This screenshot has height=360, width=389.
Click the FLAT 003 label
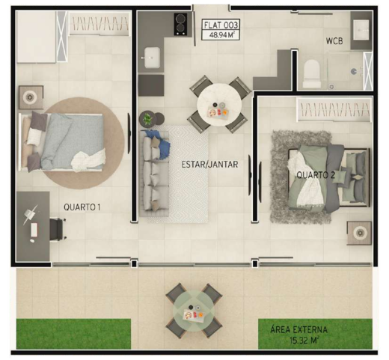(x=221, y=25)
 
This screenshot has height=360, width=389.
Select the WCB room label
(x=334, y=41)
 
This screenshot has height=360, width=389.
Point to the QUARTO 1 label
(x=82, y=208)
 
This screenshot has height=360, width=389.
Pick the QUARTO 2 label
(x=314, y=175)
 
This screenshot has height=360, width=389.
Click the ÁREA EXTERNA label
(x=299, y=329)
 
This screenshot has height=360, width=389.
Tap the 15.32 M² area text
(x=299, y=340)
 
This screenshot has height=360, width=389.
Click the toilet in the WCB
(x=311, y=72)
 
